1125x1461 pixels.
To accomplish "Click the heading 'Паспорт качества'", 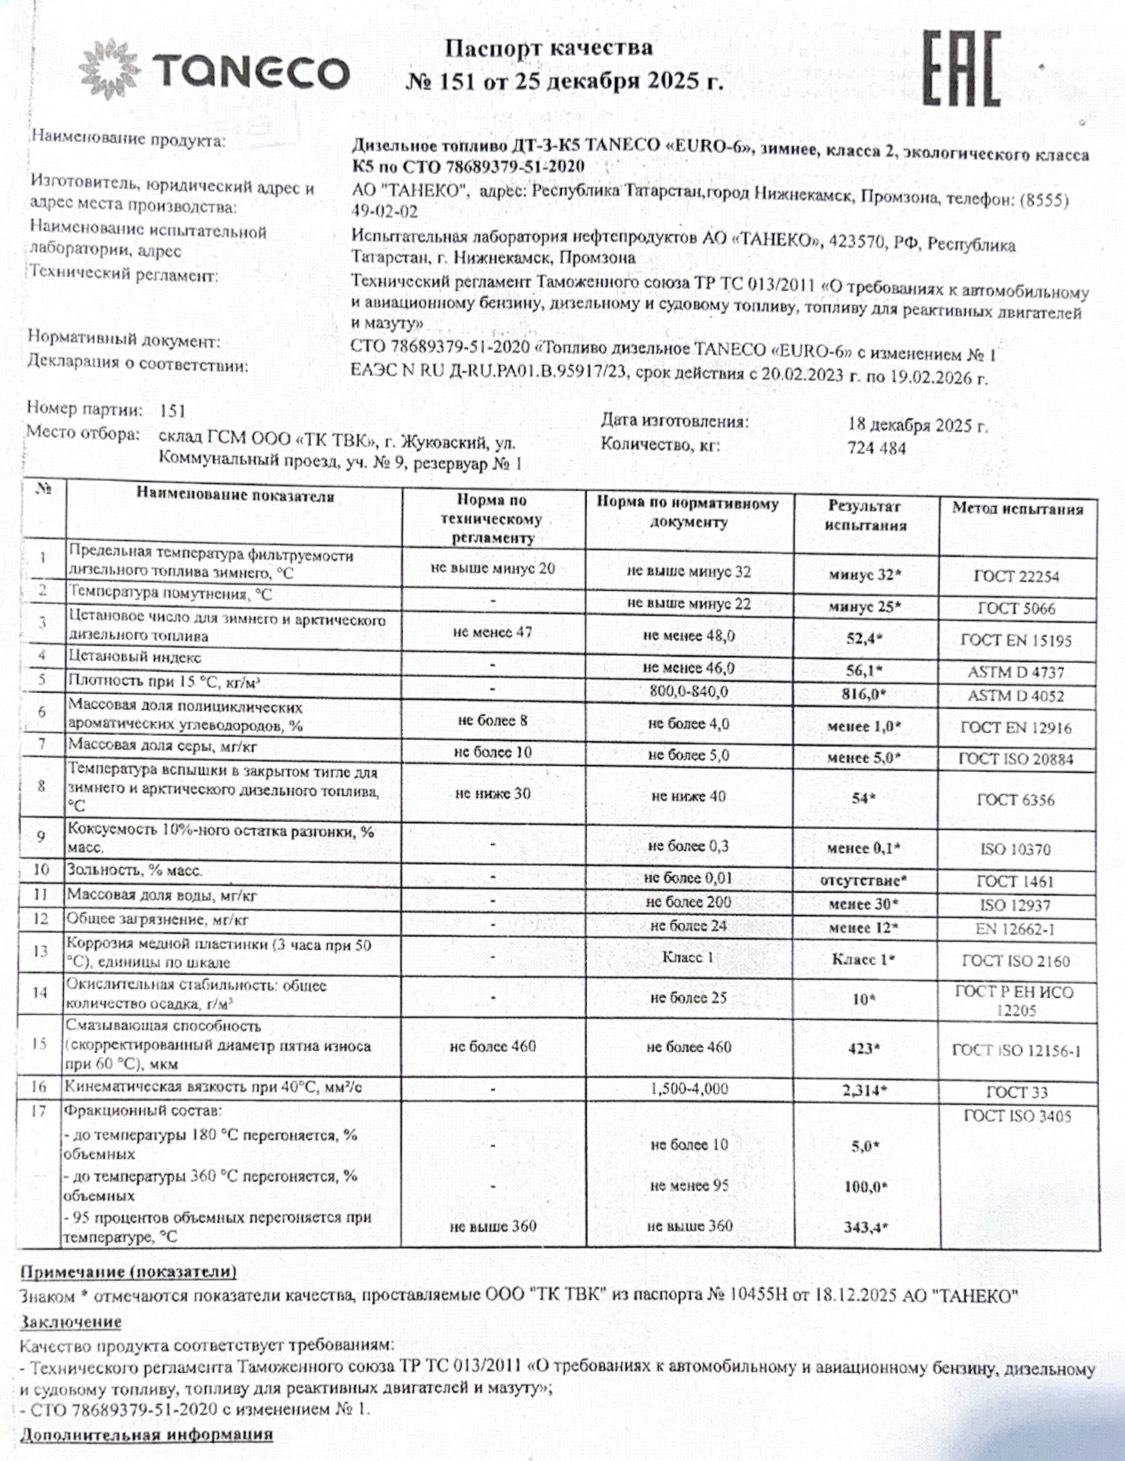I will click(548, 48).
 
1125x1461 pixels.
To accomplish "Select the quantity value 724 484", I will click(876, 448).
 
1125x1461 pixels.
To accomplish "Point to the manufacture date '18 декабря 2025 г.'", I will click(917, 425).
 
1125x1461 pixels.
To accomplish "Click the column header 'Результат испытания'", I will click(865, 516).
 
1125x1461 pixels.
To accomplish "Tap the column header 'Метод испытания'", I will click(1017, 509).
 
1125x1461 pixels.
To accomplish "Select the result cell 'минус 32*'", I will click(865, 576).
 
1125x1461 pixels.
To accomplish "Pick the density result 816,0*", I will click(865, 694).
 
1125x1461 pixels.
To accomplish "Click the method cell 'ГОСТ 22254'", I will click(1016, 576).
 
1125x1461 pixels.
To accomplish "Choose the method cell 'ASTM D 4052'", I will click(1016, 695).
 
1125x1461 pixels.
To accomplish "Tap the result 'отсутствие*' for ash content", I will click(864, 881).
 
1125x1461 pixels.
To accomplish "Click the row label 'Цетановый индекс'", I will click(134, 657).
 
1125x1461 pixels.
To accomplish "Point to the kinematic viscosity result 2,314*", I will click(865, 1090).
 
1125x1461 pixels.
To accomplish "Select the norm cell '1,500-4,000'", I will click(688, 1089).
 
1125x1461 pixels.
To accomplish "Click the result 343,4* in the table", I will click(865, 1227).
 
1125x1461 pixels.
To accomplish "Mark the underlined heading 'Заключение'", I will click(70, 1321).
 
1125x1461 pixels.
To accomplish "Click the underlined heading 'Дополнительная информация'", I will click(146, 1435).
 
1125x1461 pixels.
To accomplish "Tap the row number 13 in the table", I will click(41, 951).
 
